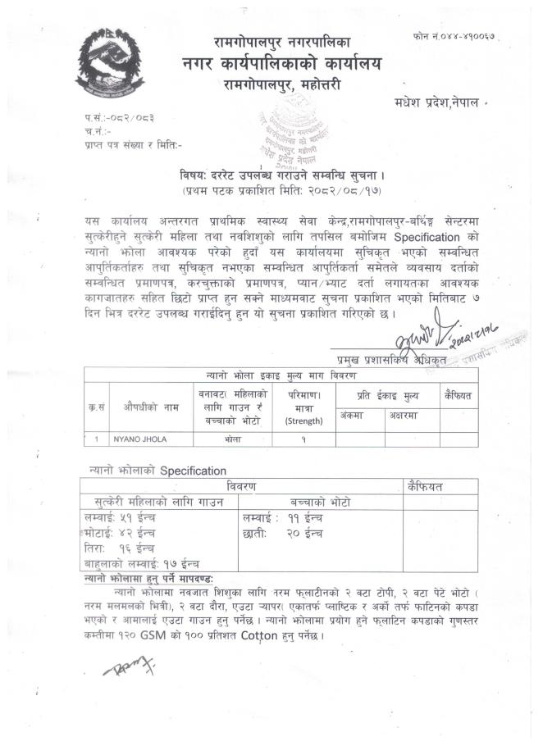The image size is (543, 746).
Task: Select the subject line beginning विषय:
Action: tap(278, 175)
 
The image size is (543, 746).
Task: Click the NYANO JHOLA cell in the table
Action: tap(140, 439)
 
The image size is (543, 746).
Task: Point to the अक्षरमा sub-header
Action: tap(406, 416)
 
